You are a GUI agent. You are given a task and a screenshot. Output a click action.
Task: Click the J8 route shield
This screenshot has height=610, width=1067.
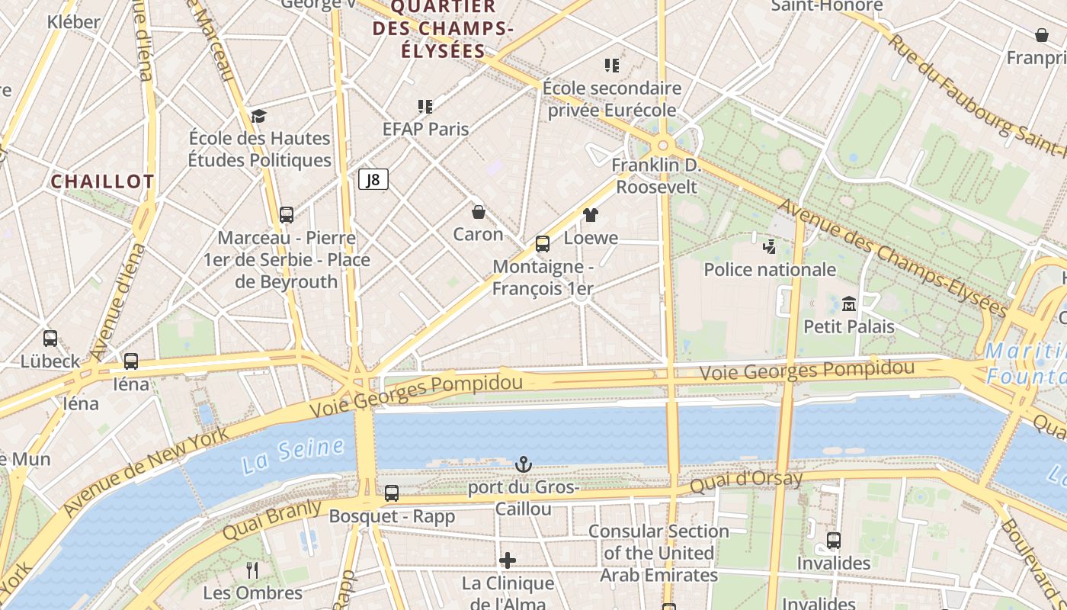point(373,179)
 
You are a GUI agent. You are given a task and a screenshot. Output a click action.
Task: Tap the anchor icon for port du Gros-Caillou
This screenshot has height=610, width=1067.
point(523,464)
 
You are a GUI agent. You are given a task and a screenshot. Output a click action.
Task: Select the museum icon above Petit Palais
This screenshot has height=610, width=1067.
point(848,303)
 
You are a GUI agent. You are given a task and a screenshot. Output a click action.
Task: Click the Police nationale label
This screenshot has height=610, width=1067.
point(770,269)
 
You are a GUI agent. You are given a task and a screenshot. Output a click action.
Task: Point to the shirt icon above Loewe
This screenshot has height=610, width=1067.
point(591,215)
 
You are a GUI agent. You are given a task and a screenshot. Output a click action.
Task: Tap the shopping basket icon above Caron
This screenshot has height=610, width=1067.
point(479,211)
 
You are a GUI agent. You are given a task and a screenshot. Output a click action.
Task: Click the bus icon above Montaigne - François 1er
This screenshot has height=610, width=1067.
point(543,244)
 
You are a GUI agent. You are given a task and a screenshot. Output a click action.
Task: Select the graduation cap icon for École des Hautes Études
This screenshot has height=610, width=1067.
point(259,116)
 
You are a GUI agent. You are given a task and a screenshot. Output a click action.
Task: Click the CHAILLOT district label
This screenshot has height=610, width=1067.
point(102,181)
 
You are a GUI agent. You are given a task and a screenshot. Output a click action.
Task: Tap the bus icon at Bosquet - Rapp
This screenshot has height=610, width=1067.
point(392,493)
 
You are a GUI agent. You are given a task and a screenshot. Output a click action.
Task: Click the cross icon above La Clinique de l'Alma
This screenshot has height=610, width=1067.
point(508,561)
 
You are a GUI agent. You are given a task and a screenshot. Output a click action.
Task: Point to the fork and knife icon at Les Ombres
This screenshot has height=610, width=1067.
point(252,570)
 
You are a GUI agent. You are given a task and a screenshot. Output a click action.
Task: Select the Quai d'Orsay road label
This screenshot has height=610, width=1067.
point(746,481)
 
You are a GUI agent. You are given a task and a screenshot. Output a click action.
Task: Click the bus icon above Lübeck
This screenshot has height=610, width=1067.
point(50,338)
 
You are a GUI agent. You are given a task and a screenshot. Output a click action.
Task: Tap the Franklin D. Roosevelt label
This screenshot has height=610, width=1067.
point(656,175)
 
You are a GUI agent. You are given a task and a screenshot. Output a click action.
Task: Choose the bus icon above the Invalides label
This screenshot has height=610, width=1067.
point(834,541)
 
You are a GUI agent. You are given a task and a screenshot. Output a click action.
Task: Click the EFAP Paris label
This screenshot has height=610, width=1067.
point(425,129)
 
